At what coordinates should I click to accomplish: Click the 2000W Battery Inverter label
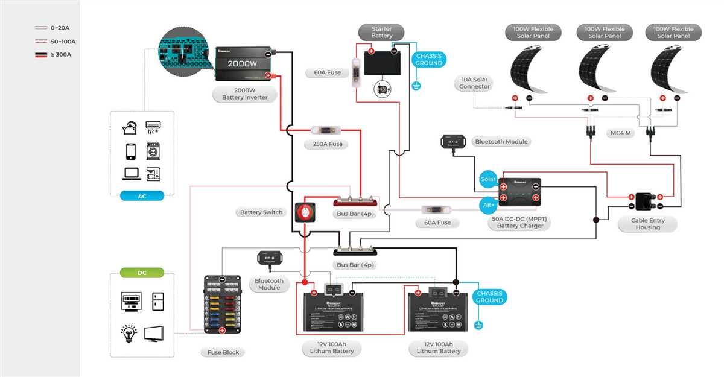[x=244, y=93]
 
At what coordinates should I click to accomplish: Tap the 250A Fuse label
[x=328, y=144]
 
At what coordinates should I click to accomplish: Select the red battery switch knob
[x=304, y=212]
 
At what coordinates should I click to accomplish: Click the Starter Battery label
[x=381, y=32]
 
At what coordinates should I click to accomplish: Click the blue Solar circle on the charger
[x=487, y=179]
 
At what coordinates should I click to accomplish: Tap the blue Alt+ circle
[x=487, y=204]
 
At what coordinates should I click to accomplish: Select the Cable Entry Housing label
[x=648, y=224]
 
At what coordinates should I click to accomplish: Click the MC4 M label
[x=621, y=133]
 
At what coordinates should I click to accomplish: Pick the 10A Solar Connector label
[x=474, y=83]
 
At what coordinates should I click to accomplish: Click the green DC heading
[x=142, y=273]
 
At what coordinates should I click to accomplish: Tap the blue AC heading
[x=142, y=196]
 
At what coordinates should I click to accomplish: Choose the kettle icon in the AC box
[x=129, y=128]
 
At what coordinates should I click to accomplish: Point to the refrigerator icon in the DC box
[x=157, y=300]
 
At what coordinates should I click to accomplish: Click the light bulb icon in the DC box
[x=129, y=332]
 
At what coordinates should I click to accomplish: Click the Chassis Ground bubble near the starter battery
[x=428, y=60]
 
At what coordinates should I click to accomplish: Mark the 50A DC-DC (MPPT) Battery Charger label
[x=519, y=222]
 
